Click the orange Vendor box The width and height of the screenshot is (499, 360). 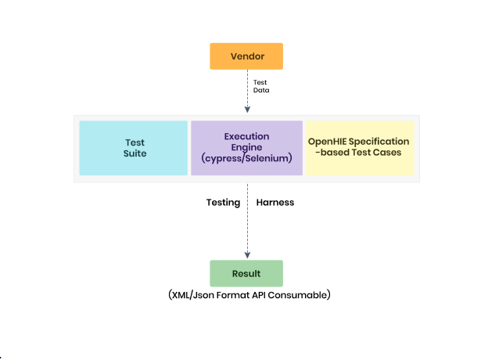(x=246, y=56)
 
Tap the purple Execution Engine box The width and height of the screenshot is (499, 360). (x=246, y=148)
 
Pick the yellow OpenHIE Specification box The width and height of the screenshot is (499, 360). (x=359, y=147)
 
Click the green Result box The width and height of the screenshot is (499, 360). (x=246, y=274)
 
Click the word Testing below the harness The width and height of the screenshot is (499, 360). (x=223, y=202)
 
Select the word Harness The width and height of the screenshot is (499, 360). (x=275, y=202)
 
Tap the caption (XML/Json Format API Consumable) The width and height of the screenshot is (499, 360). (x=249, y=296)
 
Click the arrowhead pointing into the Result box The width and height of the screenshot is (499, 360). (x=248, y=255)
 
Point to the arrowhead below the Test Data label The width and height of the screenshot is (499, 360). (x=248, y=110)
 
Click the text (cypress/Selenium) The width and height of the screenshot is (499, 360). (x=246, y=159)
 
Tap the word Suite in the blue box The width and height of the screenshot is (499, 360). (x=135, y=153)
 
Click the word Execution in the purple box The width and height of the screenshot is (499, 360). (x=246, y=136)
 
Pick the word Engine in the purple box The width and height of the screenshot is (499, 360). (x=246, y=147)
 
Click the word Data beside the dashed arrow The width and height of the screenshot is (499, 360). (x=261, y=90)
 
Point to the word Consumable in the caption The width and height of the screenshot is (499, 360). (x=301, y=296)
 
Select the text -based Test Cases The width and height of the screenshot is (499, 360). (x=359, y=153)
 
